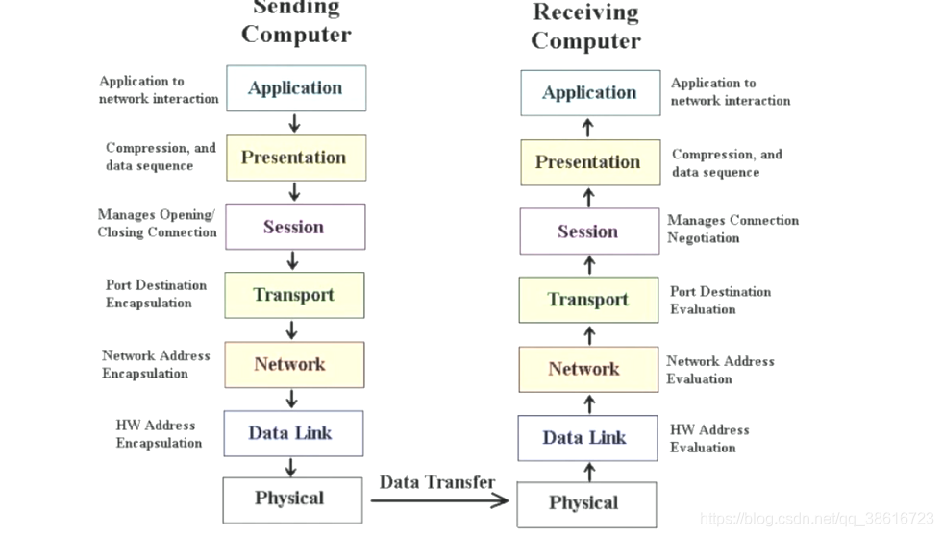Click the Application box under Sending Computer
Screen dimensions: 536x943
click(x=295, y=88)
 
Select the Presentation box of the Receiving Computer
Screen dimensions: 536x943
click(x=588, y=162)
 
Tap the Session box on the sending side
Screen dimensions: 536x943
click(x=294, y=227)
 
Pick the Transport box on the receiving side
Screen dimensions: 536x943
click(x=588, y=300)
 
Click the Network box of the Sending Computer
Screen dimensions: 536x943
click(x=293, y=364)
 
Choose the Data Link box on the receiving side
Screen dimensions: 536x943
click(x=586, y=438)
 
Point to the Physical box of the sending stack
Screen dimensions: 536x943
click(x=291, y=499)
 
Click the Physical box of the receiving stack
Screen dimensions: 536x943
click(x=585, y=503)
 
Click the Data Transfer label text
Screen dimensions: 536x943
click(x=437, y=482)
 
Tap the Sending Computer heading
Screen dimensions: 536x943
click(x=296, y=23)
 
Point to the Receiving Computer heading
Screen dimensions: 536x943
click(x=585, y=27)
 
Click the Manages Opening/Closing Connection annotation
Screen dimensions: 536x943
click(x=157, y=223)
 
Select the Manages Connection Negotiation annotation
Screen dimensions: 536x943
click(x=732, y=229)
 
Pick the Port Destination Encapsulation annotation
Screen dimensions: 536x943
click(x=156, y=294)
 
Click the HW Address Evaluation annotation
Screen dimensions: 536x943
click(x=709, y=438)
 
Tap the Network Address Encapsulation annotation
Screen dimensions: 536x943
click(x=156, y=364)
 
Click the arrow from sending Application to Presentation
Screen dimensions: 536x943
click(x=294, y=123)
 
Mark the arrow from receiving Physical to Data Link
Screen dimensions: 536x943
click(x=589, y=471)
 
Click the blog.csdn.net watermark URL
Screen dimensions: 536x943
click(x=817, y=518)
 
